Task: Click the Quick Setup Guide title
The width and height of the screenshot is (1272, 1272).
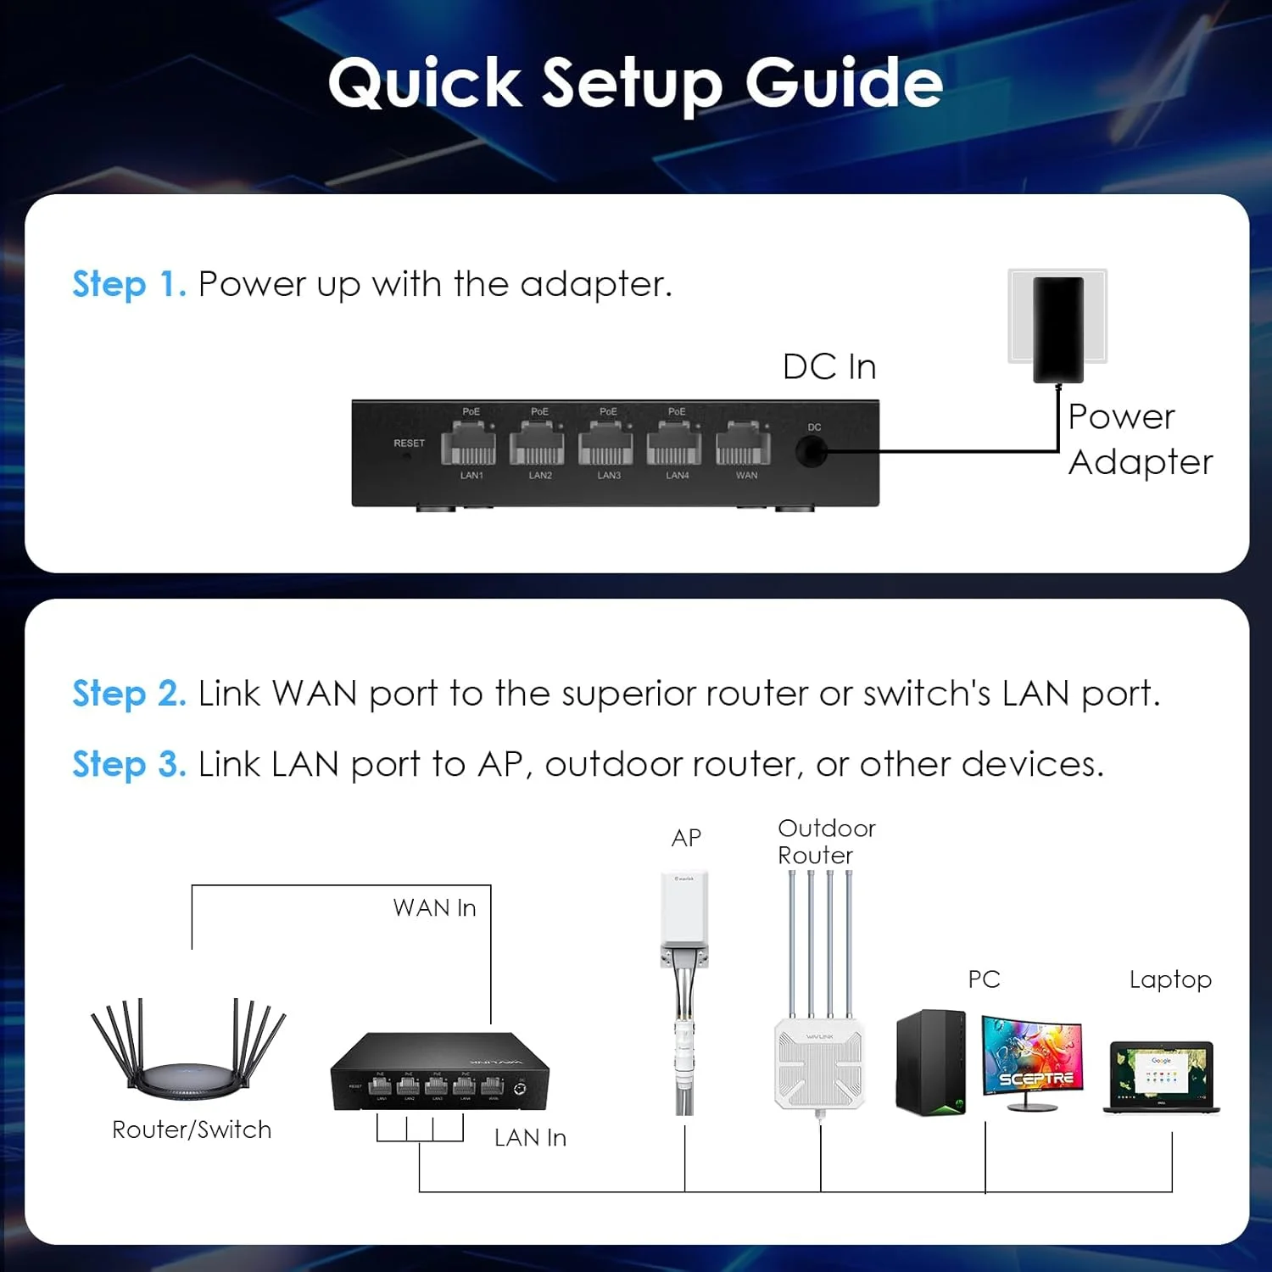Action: tap(635, 83)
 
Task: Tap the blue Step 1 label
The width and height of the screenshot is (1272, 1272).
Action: tap(129, 284)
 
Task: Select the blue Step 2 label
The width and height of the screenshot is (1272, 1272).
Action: tap(129, 694)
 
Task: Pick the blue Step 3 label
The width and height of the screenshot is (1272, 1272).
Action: tap(129, 764)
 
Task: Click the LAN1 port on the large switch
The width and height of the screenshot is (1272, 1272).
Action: tap(468, 444)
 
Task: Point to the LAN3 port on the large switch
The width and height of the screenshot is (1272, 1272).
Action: tap(605, 444)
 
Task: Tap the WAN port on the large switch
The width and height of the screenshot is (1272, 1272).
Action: tap(743, 444)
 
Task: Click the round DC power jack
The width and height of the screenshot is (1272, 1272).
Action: tap(811, 451)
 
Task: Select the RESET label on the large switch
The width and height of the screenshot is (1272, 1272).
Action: tap(409, 443)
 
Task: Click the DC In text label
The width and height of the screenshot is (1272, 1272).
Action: tap(829, 367)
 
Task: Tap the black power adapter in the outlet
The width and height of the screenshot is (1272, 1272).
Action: tap(1057, 329)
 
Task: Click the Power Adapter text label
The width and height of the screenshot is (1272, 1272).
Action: tap(1139, 439)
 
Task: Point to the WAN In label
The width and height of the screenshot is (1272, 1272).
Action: tap(434, 908)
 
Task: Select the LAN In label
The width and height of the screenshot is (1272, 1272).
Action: tap(530, 1138)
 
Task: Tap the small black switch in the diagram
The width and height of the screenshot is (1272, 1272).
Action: tap(439, 1073)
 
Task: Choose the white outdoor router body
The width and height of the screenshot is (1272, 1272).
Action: tap(819, 1064)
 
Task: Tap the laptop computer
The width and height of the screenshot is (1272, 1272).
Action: tap(1161, 1076)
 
